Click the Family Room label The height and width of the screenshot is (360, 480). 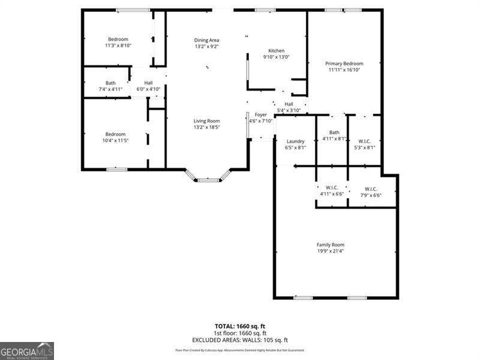pos(331,244)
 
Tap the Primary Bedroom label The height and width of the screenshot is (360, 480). pos(344,63)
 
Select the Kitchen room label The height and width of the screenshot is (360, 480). pos(276,50)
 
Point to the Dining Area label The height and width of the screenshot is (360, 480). pos(206,40)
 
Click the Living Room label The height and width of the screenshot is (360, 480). pos(206,121)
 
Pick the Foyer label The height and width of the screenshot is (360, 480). pos(260,114)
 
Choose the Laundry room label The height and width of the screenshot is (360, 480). pos(295,141)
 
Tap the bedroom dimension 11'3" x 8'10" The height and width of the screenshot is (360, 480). pos(118,46)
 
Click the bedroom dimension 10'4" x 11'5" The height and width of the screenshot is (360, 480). pos(116,140)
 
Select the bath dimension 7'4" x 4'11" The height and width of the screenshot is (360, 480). pos(110,89)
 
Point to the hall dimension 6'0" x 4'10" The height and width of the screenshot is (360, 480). pos(148,89)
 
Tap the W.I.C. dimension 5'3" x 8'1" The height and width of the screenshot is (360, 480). pos(364,147)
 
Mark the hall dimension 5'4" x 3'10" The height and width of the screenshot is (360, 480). pos(289,110)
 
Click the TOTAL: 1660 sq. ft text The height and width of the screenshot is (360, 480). pos(240,326)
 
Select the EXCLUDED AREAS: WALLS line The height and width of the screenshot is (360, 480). pos(240,340)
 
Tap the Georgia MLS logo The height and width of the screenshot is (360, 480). pos(27,350)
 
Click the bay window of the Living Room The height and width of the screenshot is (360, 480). pos(208,178)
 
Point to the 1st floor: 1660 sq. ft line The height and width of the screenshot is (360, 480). pos(240,333)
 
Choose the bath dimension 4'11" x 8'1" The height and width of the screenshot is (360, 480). pos(334,139)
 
